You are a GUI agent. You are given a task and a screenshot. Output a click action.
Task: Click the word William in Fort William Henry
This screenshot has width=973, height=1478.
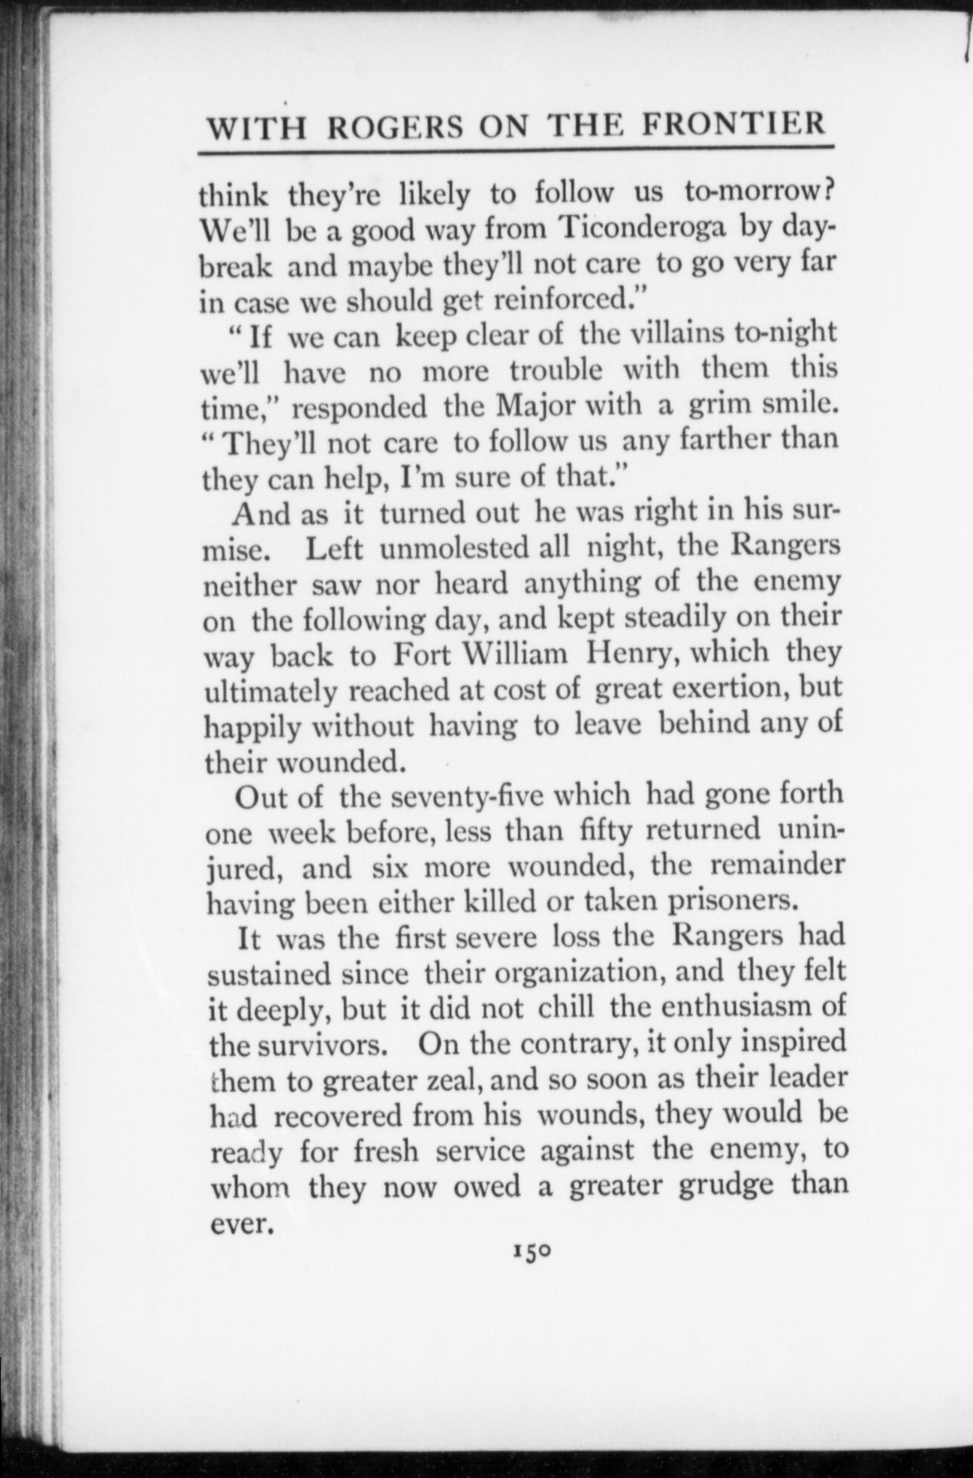tap(515, 654)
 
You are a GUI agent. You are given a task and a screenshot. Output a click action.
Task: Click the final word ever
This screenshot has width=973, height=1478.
tap(238, 1224)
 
